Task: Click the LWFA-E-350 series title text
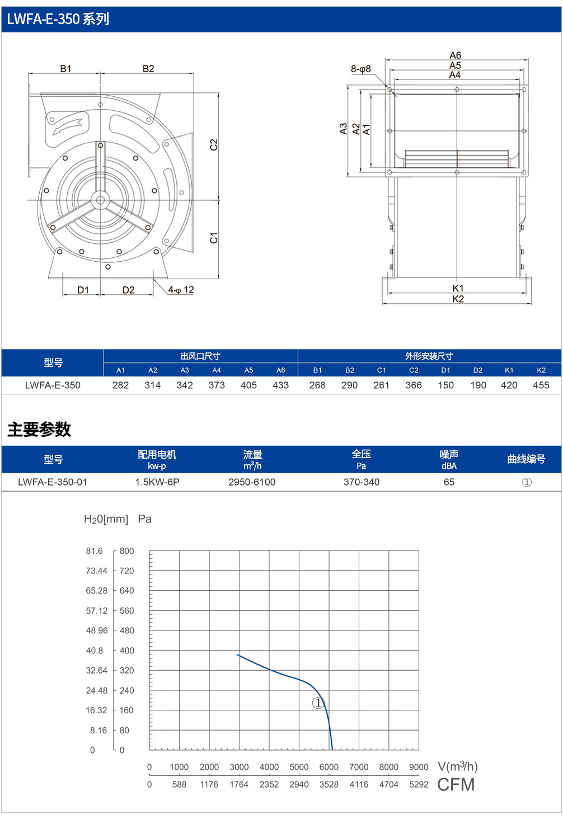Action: [x=58, y=19]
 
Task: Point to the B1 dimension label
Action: [x=65, y=68]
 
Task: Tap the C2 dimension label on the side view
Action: [x=214, y=144]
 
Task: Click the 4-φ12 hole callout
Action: [x=181, y=290]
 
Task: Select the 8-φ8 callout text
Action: [x=360, y=69]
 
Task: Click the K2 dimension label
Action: [x=458, y=299]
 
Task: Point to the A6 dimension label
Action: [x=455, y=55]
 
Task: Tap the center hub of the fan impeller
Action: [x=100, y=200]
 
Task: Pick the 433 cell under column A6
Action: [x=280, y=385]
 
